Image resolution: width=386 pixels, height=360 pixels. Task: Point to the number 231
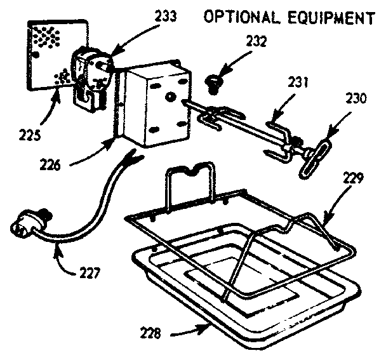pyautogui.click(x=292, y=83)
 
